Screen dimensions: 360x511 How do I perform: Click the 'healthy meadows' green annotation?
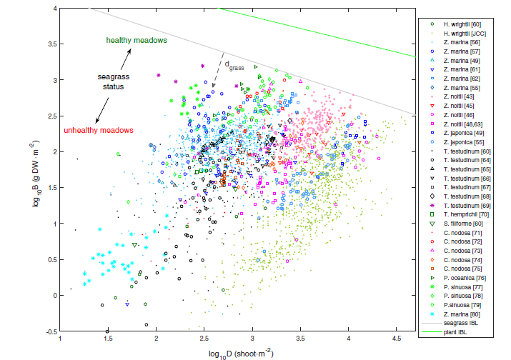click(137, 40)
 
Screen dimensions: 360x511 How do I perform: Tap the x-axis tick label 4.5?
click(397, 340)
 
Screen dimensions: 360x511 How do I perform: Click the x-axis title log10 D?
click(240, 353)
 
